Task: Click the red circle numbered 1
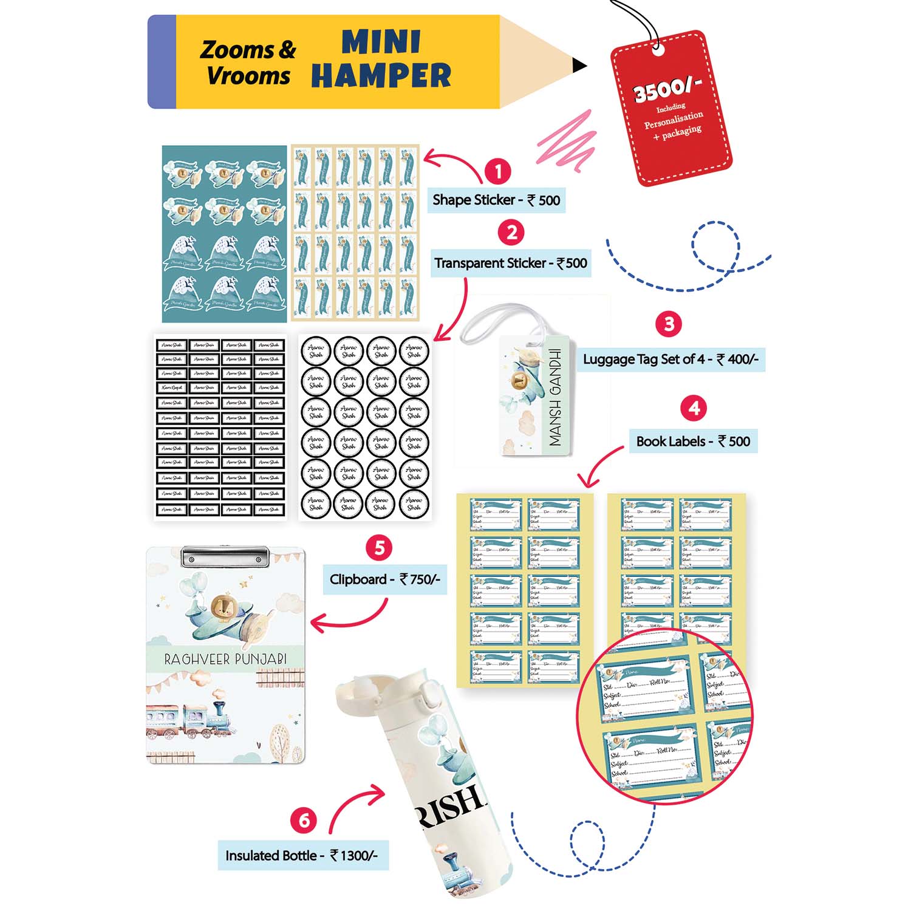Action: (498, 171)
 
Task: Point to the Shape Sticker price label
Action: (496, 200)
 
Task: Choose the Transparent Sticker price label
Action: (511, 264)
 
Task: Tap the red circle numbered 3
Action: (669, 324)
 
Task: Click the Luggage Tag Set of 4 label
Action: (670, 360)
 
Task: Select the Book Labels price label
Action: (693, 442)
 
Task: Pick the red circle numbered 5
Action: (379, 548)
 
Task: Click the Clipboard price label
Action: (384, 579)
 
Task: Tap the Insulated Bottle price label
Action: (302, 856)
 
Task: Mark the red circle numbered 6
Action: (304, 821)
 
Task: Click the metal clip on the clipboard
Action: (225, 556)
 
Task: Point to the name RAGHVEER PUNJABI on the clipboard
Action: (225, 659)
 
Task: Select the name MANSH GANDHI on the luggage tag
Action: (555, 397)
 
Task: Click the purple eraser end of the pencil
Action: (162, 62)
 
